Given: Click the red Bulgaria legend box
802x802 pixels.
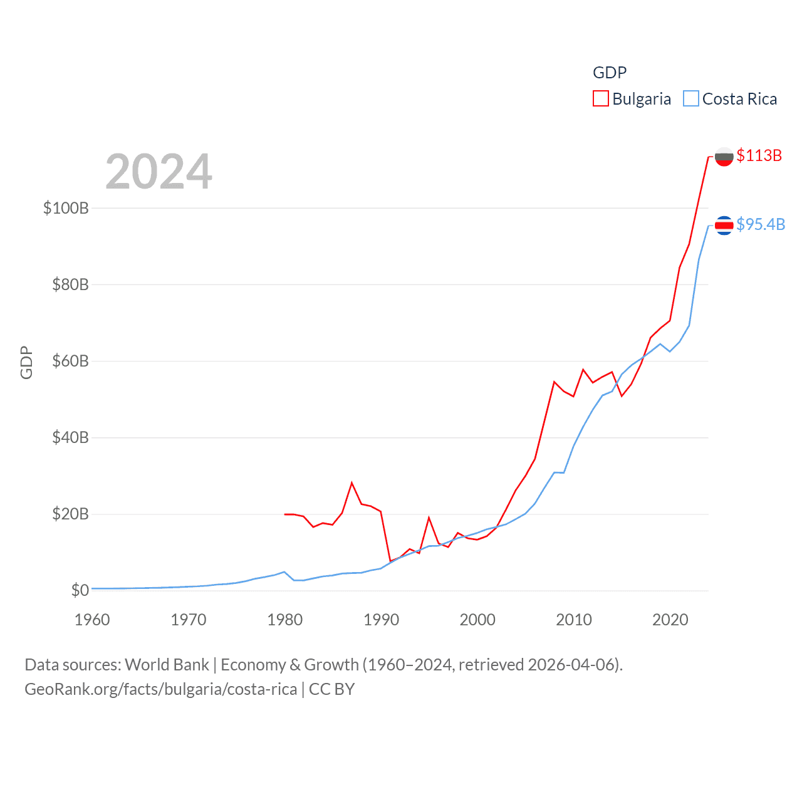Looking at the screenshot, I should click(600, 99).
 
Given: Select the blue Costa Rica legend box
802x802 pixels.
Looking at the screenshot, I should click(690, 99).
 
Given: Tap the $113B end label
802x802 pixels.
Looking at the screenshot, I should click(759, 155).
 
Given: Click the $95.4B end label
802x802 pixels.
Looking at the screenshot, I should click(761, 224).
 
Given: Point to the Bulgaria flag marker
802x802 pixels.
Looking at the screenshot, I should click(724, 157).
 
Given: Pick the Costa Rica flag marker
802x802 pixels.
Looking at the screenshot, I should click(724, 225).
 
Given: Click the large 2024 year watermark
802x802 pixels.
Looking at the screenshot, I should click(159, 172).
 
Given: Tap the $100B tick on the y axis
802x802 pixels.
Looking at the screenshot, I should click(66, 208).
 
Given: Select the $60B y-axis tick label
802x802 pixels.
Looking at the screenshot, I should click(70, 361).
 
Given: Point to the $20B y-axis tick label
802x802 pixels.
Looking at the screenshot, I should click(70, 514).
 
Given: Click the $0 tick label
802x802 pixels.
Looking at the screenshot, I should click(80, 590).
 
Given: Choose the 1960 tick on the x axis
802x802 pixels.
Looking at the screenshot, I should click(92, 620).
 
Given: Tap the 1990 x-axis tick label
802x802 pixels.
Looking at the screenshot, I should click(381, 620).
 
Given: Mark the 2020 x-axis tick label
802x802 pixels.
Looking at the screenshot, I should click(670, 620).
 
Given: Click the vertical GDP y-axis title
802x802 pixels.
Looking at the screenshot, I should click(26, 362).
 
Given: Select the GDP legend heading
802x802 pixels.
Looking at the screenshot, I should click(610, 73).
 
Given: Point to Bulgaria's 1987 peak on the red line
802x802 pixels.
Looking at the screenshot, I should click(352, 482).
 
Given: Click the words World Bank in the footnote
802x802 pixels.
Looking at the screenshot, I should click(167, 664).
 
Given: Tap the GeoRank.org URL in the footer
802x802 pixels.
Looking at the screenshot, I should click(160, 689).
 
